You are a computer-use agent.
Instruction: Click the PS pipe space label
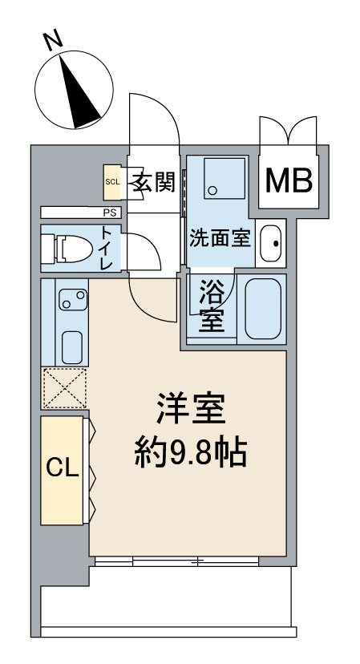click(x=107, y=213)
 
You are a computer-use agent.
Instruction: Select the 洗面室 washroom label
click(x=220, y=239)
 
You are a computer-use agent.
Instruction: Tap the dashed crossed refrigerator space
click(x=64, y=388)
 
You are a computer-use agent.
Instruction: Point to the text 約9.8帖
click(x=190, y=455)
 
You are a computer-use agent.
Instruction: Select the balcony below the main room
click(x=164, y=601)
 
